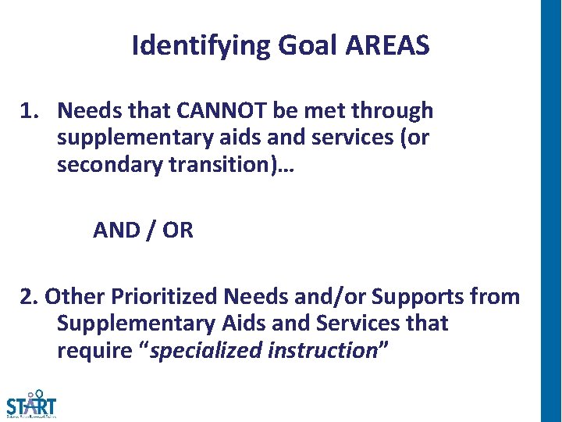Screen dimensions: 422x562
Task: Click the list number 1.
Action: pyautogui.click(x=29, y=112)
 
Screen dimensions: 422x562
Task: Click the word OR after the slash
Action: pyautogui.click(x=179, y=231)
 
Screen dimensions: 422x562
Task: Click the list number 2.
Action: pyautogui.click(x=29, y=297)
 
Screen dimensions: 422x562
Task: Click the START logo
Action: pyautogui.click(x=31, y=405)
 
